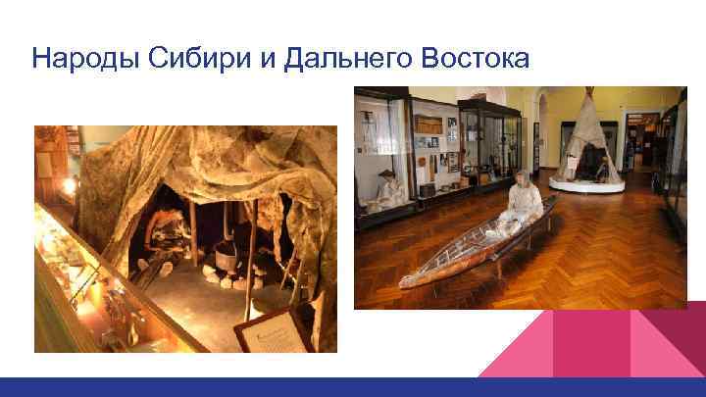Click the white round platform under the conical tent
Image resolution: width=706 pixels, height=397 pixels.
tap(586, 184)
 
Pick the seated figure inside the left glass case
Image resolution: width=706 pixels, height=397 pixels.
tap(384, 189)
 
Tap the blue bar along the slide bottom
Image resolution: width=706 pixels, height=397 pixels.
tap(353, 387)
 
